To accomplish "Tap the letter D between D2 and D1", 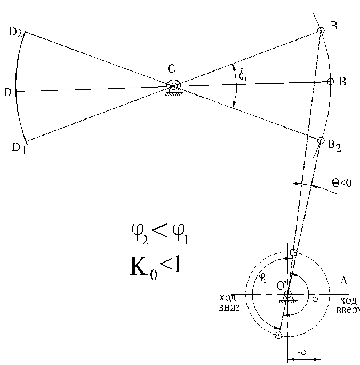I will (7, 92).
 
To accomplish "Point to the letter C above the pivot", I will (171, 68).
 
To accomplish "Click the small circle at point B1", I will (321, 31).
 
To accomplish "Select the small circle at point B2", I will (321, 140).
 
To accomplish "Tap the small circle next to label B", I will (330, 82).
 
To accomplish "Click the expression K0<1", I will (155, 265).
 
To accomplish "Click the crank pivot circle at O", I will (288, 294).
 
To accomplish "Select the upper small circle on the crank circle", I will (293, 252).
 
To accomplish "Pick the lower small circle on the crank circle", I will (278, 335).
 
